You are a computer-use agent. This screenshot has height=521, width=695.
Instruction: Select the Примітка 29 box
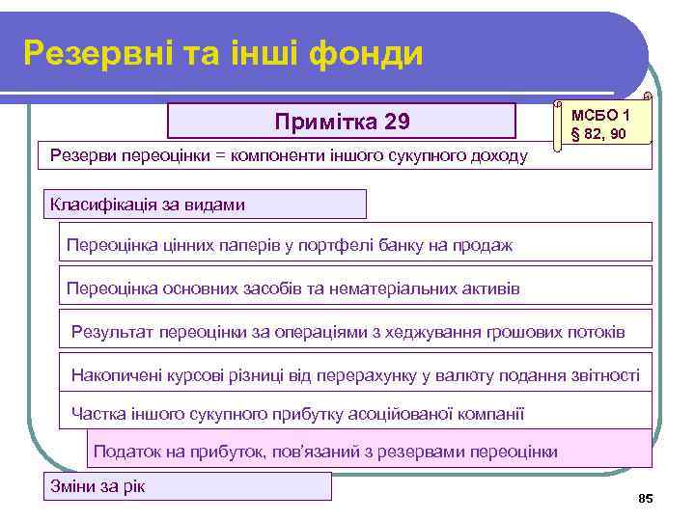point(342,122)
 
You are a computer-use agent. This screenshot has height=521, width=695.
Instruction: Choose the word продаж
point(486,245)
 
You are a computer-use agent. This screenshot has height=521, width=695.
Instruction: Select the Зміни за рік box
point(186,485)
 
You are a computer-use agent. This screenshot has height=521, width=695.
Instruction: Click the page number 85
point(646,498)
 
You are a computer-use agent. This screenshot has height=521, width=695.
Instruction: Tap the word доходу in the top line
point(498,155)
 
